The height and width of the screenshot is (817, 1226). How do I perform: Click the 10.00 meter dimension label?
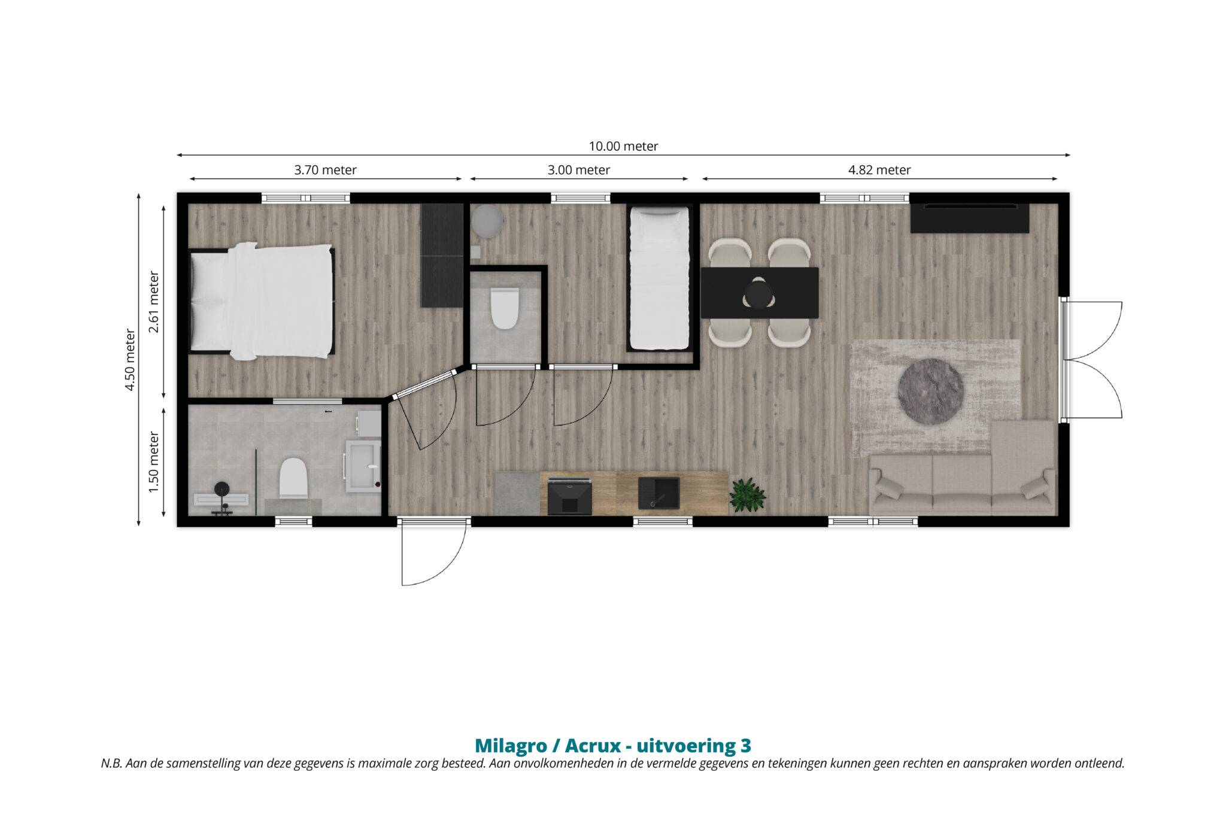623,146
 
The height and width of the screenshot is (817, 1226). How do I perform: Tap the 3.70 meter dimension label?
325,170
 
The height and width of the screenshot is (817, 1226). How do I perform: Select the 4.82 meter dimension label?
879,170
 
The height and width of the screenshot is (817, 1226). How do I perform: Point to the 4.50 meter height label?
130,359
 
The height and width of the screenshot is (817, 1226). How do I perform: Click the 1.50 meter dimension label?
154,463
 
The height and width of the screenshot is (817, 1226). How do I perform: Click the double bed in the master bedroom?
262,301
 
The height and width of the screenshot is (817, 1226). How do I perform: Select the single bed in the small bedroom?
658,279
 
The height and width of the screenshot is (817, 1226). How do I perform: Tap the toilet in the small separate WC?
504,308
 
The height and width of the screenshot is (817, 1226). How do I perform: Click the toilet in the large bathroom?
293,478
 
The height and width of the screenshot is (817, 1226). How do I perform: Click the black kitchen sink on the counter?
658,493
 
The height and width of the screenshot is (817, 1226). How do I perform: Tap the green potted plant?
748,496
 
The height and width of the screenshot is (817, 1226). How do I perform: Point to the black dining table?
759,293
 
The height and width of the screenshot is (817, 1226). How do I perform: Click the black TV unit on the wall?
970,218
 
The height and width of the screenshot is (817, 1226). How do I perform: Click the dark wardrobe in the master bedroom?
442,256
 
